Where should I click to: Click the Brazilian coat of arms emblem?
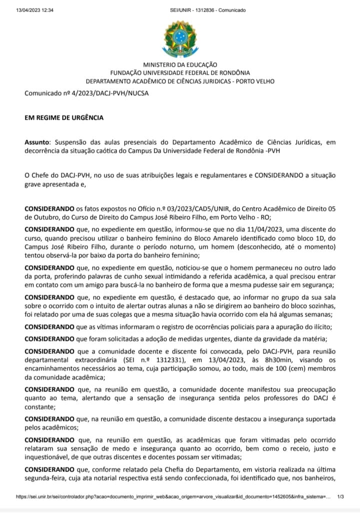[x=180, y=39]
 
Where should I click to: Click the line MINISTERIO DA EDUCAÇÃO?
[x=180, y=65]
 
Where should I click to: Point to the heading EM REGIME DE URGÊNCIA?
[x=64, y=118]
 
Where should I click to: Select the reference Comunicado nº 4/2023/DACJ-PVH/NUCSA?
[x=79, y=93]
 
